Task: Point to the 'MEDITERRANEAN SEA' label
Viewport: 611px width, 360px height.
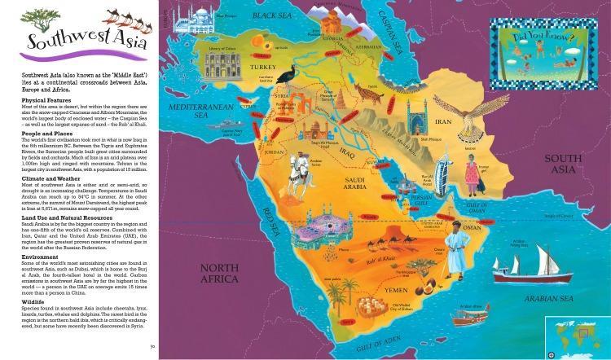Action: (x=191, y=110)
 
